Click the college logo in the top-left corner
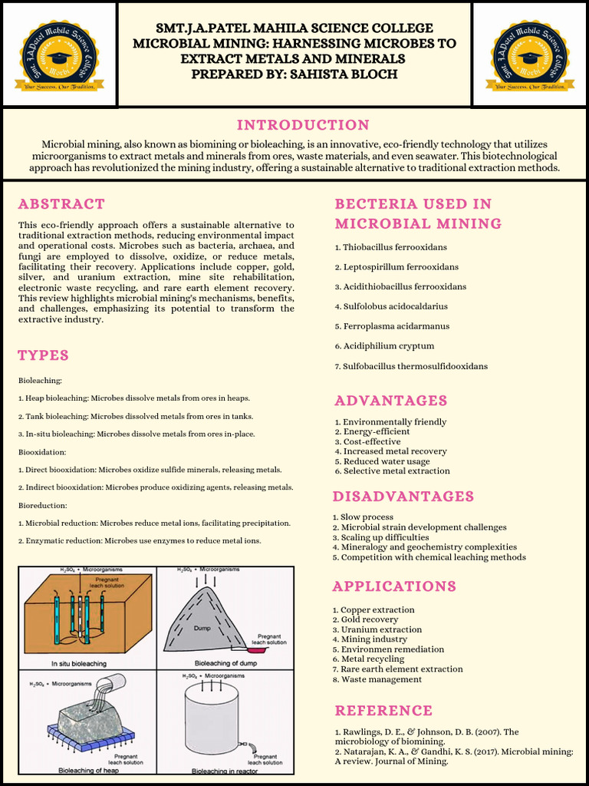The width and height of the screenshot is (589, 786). point(59,54)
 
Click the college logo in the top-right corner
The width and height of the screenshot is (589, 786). point(531,54)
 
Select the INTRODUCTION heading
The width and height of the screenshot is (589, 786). point(303,125)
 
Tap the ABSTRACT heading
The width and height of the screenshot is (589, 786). point(61,204)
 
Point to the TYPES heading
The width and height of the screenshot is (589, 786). point(44,355)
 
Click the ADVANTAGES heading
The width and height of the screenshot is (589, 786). point(391,401)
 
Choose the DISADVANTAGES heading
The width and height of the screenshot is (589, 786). point(403,497)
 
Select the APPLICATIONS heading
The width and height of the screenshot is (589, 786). point(394,586)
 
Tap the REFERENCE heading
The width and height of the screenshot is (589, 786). point(383,711)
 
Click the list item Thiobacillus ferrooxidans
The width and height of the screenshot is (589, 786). point(394,247)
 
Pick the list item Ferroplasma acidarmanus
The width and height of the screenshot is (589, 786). point(396,326)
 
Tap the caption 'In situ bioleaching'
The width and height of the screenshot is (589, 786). point(78,663)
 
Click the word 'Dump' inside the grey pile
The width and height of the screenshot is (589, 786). point(202,627)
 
